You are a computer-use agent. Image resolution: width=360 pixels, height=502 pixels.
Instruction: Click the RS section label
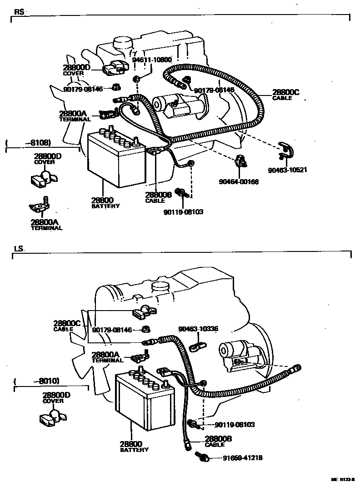19,12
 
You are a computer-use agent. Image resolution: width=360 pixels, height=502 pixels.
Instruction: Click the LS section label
19,249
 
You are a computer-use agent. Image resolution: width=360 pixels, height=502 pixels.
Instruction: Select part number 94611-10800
152,60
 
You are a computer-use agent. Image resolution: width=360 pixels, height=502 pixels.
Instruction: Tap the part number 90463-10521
288,171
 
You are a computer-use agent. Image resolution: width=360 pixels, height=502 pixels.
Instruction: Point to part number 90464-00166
239,182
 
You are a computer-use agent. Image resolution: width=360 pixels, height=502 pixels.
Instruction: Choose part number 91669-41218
242,458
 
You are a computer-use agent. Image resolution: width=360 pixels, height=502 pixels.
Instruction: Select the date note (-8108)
28,142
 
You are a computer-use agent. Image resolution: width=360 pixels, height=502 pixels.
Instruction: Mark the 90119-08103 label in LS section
235,425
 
